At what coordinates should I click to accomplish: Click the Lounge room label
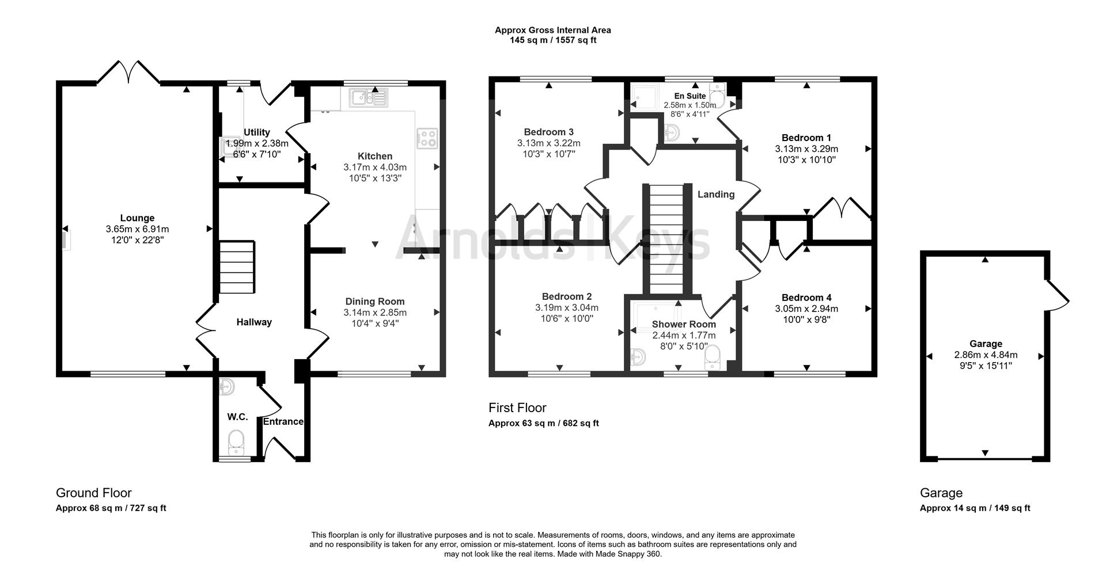point(137,218)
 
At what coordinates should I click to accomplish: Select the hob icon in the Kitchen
point(426,137)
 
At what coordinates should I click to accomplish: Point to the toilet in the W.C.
point(237,443)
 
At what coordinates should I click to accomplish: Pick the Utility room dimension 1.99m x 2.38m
point(257,143)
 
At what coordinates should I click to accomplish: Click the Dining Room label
point(375,302)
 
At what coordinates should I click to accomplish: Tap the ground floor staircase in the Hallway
point(237,268)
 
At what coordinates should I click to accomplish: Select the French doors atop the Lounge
point(128,73)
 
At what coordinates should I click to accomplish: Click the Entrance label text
point(283,421)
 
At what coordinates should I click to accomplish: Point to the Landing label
point(716,195)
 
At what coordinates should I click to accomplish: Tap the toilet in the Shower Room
point(713,357)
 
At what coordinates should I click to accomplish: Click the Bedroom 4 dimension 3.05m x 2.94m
point(806,309)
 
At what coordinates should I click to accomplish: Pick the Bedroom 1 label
point(806,138)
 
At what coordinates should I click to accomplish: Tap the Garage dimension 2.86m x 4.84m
point(986,355)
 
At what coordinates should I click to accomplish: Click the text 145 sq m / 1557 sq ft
point(553,40)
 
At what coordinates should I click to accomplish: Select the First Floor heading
point(517,408)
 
